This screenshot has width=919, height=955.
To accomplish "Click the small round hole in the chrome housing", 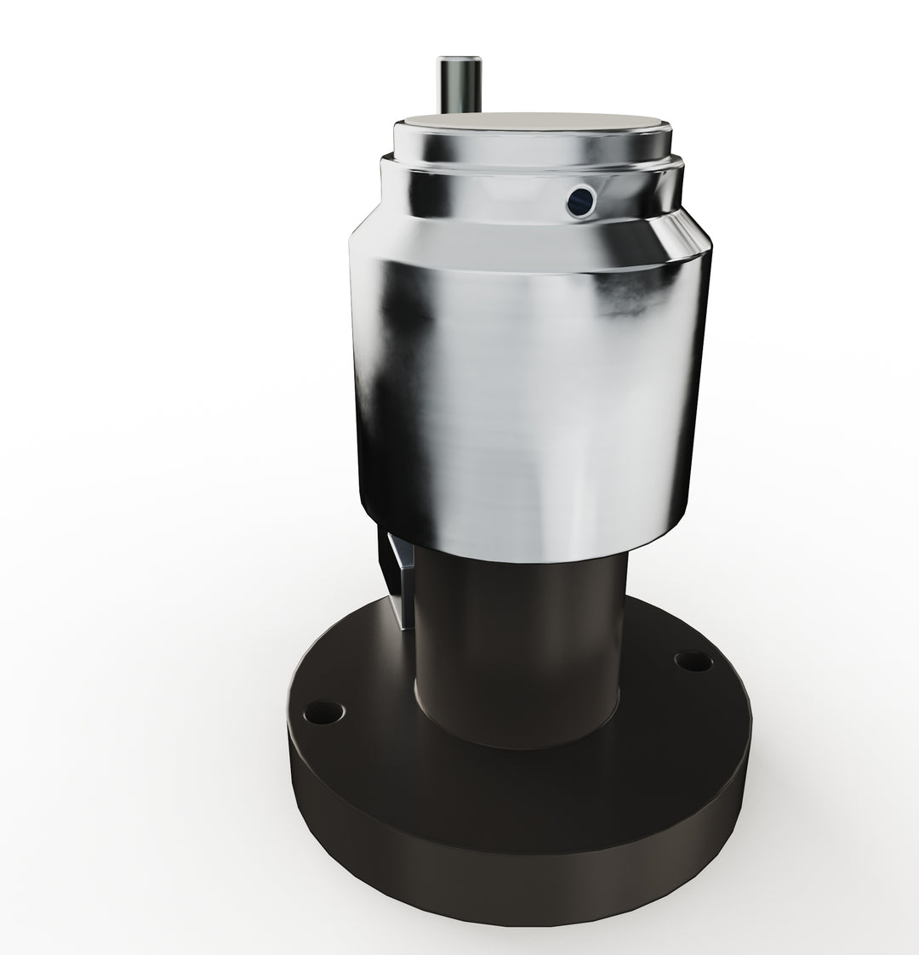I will coord(579,201).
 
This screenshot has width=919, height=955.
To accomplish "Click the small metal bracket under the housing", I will coord(399,578).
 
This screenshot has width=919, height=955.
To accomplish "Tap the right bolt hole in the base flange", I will coord(692,659).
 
